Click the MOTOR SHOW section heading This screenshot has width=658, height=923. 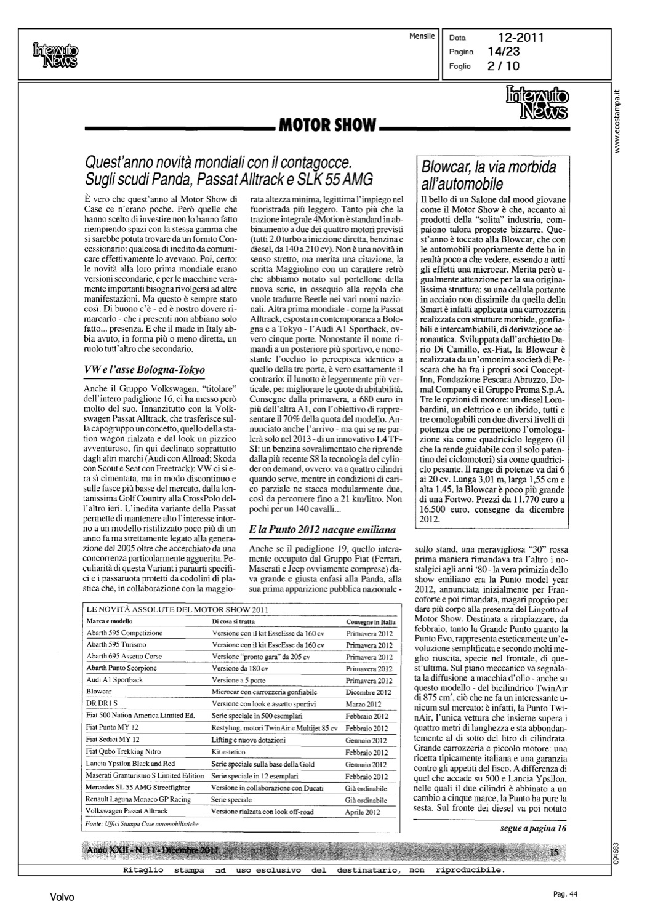click(x=327, y=126)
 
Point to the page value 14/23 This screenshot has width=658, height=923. click(x=504, y=52)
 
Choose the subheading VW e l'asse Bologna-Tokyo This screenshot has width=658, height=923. click(x=143, y=370)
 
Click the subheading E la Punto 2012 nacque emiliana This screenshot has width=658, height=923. click(x=322, y=529)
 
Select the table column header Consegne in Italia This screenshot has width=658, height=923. click(x=371, y=621)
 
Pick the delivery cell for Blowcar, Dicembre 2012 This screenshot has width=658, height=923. click(x=368, y=692)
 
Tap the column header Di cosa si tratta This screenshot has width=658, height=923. click(x=233, y=621)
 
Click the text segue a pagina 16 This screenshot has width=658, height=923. click(x=533, y=828)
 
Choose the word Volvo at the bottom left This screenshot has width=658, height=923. click(x=62, y=898)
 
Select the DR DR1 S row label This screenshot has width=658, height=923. click(x=102, y=704)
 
